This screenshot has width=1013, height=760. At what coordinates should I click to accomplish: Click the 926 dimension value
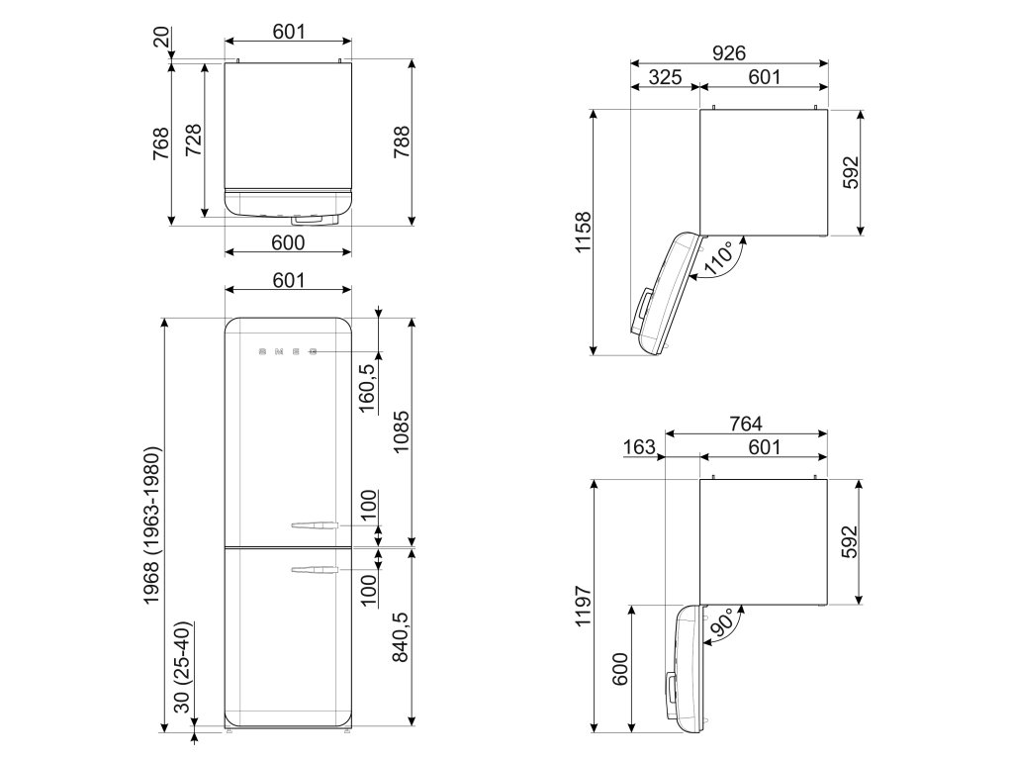click(729, 53)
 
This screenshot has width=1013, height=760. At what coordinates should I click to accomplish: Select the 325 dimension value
click(665, 77)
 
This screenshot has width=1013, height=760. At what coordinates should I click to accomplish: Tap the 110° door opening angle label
click(721, 258)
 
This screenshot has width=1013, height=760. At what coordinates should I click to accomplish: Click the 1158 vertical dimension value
click(583, 232)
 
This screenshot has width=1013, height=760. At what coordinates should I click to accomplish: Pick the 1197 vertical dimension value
click(583, 607)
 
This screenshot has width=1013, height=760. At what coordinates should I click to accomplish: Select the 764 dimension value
click(746, 424)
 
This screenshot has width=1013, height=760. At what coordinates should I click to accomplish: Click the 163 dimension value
click(640, 447)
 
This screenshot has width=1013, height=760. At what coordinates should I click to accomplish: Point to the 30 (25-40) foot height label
click(184, 666)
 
